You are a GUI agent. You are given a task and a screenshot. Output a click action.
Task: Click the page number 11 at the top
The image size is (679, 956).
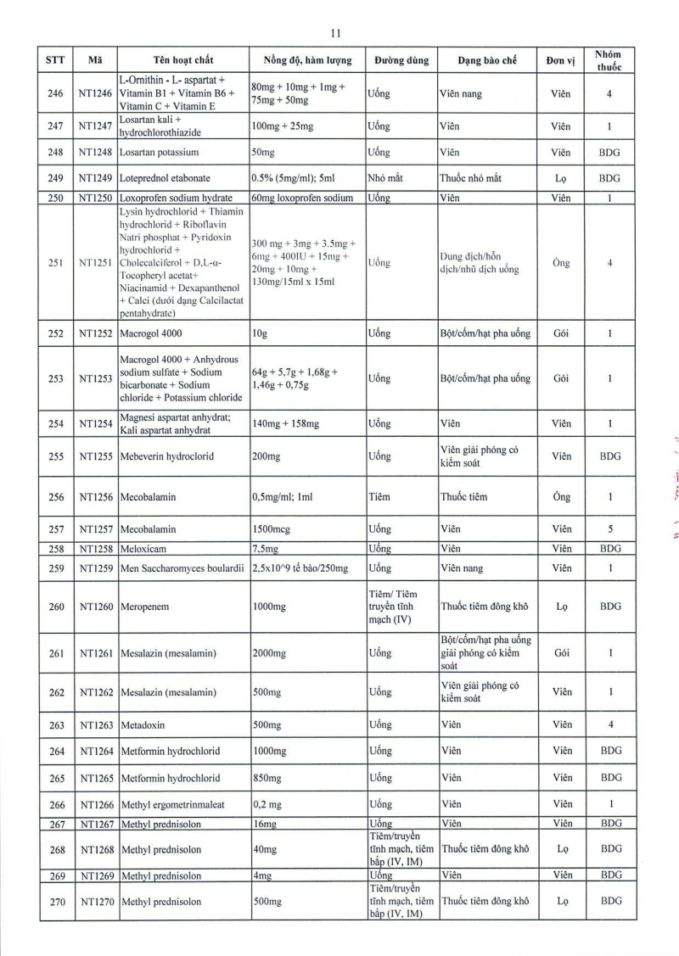coord(335,33)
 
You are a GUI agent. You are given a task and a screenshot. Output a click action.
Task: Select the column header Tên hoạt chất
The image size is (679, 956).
coord(183,60)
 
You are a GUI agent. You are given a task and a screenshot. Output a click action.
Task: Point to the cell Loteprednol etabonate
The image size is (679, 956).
coord(165,178)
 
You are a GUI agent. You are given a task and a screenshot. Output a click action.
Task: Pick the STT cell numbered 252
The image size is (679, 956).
coord(57,333)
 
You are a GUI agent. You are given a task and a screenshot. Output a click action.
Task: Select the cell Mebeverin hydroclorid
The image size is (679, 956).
coord(167,456)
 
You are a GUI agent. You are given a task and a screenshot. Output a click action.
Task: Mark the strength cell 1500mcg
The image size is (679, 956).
coord(272,528)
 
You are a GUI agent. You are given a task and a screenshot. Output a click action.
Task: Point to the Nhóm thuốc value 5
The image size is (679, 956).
coord(609,528)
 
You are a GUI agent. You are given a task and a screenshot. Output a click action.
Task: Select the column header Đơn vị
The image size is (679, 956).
coord(561,60)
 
